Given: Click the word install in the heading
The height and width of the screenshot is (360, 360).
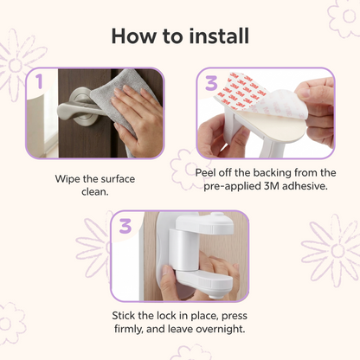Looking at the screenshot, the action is pos(219,36).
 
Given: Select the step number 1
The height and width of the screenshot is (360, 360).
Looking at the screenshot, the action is pos(39,81).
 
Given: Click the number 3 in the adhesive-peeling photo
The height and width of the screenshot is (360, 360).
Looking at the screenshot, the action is pos(211,83).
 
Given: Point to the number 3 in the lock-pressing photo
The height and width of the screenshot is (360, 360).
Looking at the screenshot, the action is pos(125,226).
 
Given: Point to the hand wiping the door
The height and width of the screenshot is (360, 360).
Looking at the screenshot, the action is pos(138,119).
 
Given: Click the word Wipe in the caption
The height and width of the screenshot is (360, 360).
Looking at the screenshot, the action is pos(67,179).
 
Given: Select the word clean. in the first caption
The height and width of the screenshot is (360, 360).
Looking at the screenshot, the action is pos(95,192).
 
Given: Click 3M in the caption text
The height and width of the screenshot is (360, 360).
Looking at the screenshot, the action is pos(272,186).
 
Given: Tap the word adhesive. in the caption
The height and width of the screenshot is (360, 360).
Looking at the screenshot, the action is pos(305,186).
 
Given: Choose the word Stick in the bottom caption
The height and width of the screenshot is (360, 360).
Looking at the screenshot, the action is pos(124,316).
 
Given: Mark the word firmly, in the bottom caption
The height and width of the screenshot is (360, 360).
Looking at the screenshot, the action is pos(129,329).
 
